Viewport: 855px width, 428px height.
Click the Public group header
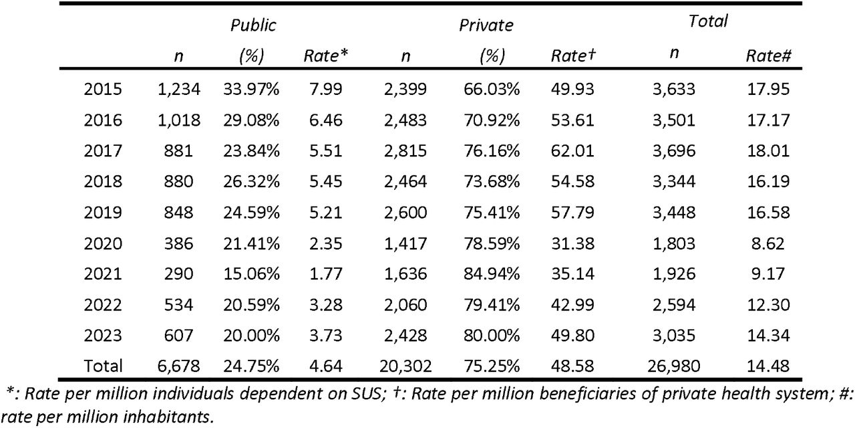(253, 25)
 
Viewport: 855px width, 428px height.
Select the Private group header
(486, 25)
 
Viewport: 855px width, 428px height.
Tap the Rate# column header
(768, 56)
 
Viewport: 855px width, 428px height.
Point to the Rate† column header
(573, 56)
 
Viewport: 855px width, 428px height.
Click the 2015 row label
(103, 90)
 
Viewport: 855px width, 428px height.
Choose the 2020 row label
(103, 244)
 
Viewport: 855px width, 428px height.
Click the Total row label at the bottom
(103, 366)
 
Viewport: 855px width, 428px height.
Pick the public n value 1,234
(178, 90)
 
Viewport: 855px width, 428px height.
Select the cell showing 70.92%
(492, 120)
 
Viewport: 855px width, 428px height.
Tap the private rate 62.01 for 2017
(572, 151)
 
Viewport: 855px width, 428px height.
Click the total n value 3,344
(674, 181)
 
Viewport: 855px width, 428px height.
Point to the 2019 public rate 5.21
(325, 213)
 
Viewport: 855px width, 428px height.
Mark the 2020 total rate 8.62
(768, 244)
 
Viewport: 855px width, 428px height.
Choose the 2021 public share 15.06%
(251, 274)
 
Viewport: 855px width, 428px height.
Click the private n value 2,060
(405, 305)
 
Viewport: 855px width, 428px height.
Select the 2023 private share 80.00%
(492, 336)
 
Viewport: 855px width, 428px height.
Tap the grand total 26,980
(674, 366)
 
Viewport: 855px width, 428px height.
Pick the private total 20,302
(405, 366)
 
